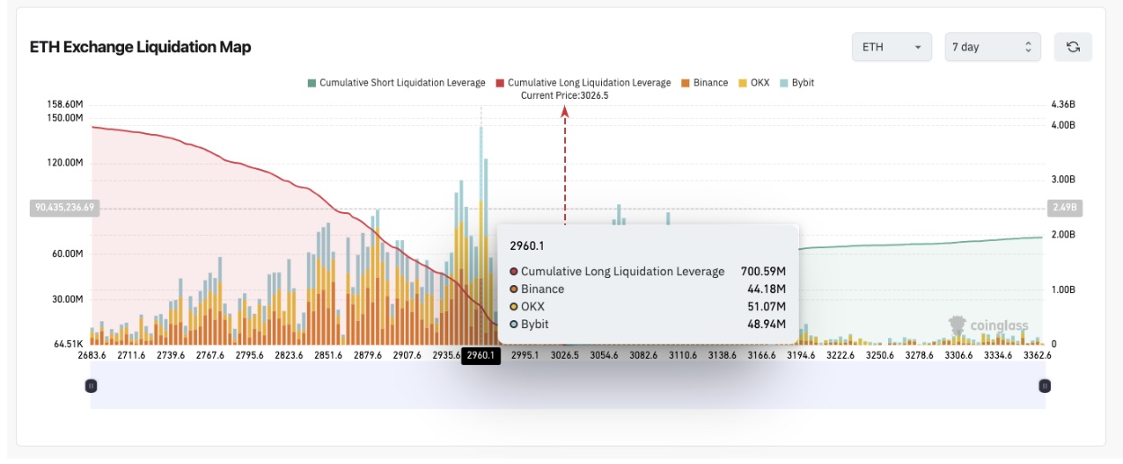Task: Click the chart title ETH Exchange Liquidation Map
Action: pyautogui.click(x=140, y=47)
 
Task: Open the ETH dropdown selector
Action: pyautogui.click(x=892, y=47)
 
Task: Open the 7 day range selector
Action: pyautogui.click(x=992, y=47)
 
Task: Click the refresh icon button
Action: pyautogui.click(x=1073, y=47)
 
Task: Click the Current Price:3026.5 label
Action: pyautogui.click(x=565, y=95)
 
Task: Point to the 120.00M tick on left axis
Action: pyautogui.click(x=66, y=163)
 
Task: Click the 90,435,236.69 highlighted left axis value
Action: pyautogui.click(x=64, y=207)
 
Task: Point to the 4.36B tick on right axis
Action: pyautogui.click(x=1063, y=104)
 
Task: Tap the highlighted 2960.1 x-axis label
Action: pyautogui.click(x=481, y=355)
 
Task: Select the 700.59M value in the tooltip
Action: pyautogui.click(x=763, y=272)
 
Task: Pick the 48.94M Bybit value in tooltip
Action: pyautogui.click(x=768, y=324)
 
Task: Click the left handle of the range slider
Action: pyautogui.click(x=91, y=386)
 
